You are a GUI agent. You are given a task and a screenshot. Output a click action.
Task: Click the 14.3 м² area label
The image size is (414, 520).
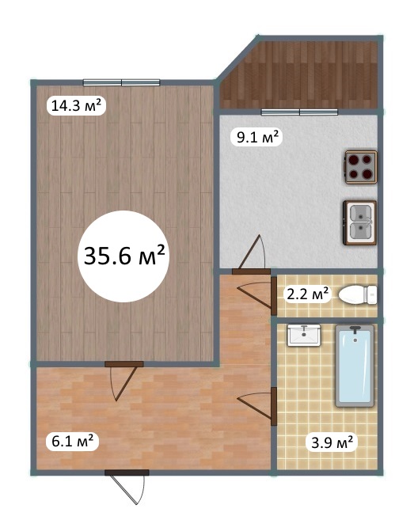click(x=76, y=105)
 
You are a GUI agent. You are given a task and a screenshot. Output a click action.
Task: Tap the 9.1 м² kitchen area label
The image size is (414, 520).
click(x=256, y=136)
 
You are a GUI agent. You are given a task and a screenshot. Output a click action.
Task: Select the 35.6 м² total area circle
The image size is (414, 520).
click(x=123, y=256)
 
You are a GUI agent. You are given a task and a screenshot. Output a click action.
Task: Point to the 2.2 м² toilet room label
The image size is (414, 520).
click(x=307, y=294)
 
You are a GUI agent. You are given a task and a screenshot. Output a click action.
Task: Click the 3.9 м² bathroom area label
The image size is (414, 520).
click(x=332, y=442)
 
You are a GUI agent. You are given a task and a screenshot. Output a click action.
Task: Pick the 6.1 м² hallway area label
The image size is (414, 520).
click(x=72, y=442)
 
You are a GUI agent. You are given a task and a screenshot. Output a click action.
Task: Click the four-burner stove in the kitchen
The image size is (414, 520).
click(x=361, y=167)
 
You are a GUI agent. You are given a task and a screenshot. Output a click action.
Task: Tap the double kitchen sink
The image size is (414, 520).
click(x=360, y=222)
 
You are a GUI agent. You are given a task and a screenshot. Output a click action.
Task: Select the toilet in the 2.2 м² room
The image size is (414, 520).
click(x=358, y=294)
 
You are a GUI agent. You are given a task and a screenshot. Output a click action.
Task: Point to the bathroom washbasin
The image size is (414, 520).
click(x=304, y=336)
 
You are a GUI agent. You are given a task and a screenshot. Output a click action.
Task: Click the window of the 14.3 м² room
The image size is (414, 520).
click(x=121, y=82)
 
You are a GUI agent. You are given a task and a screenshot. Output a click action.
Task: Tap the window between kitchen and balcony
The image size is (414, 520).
click(x=299, y=112)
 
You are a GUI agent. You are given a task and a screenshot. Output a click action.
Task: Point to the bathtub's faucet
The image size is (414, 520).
click(x=355, y=330)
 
